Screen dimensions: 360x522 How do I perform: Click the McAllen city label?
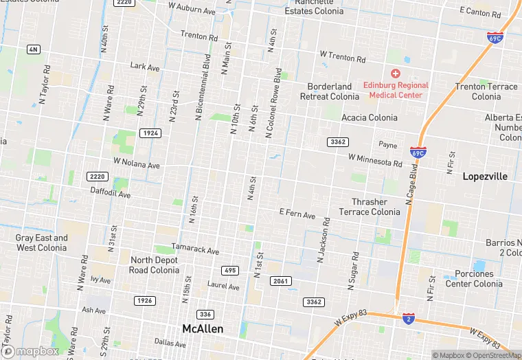point(203,328)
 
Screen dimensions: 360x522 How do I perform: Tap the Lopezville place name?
point(485,177)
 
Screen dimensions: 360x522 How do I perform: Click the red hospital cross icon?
point(396,74)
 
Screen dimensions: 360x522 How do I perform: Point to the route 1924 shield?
point(150,133)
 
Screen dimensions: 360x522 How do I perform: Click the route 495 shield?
point(230,270)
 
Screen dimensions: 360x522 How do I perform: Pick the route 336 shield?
point(205,314)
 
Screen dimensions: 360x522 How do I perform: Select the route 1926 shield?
point(144,300)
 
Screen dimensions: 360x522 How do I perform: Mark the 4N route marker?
point(33,49)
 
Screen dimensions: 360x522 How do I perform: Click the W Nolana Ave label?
point(136,164)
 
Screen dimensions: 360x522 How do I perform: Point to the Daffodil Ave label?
point(111,194)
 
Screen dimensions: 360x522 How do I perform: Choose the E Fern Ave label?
point(297,214)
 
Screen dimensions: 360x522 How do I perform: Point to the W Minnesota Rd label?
point(375,160)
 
